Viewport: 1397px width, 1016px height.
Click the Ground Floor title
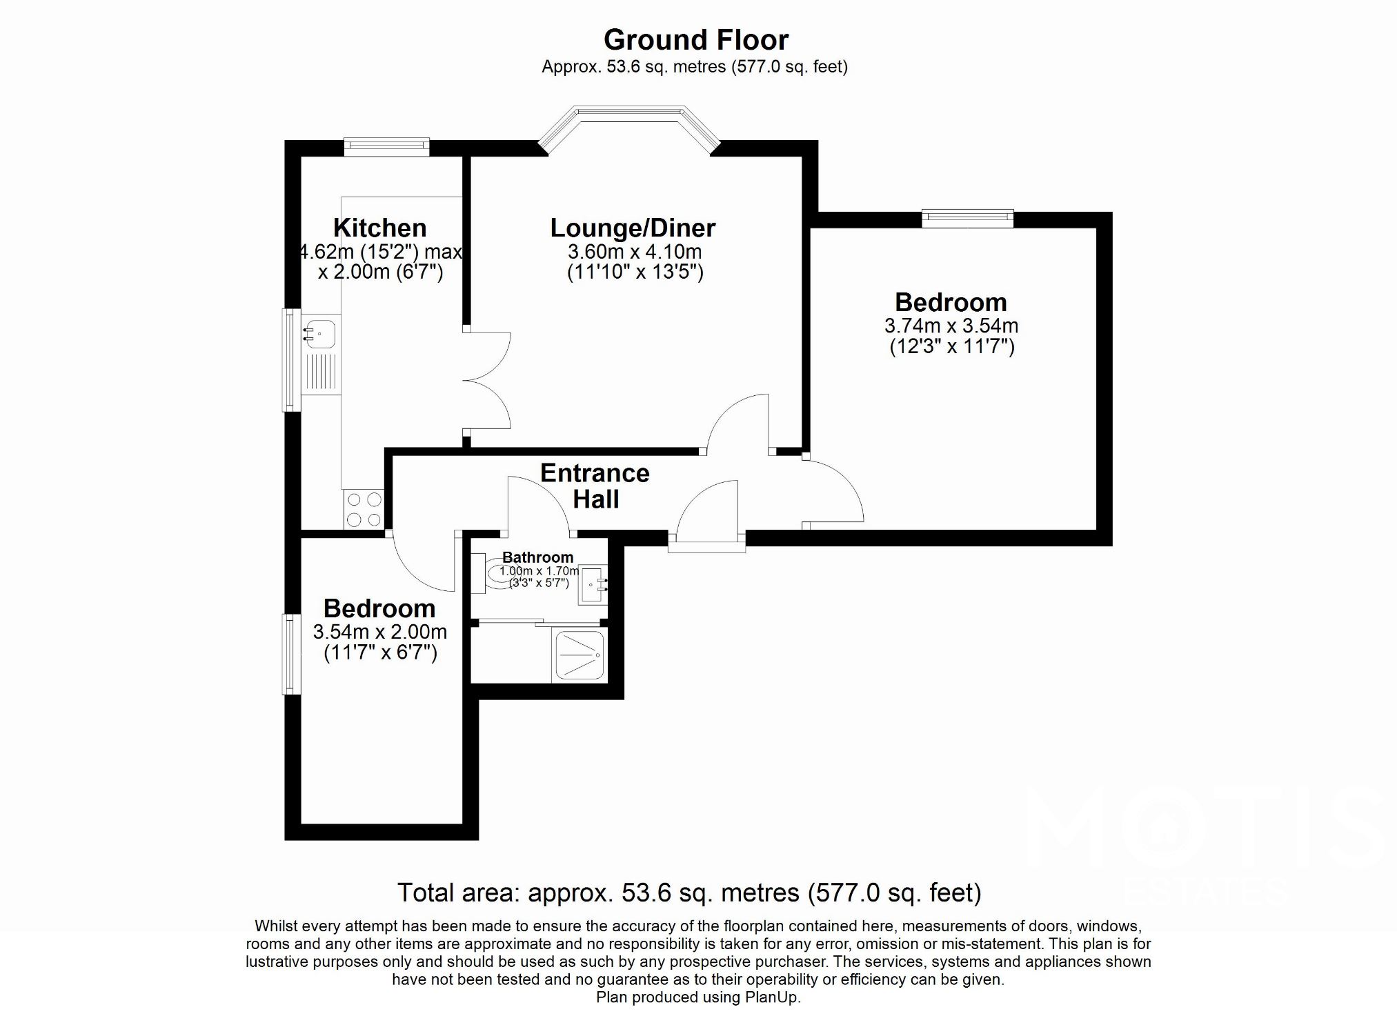click(695, 40)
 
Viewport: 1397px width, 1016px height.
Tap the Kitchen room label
click(379, 228)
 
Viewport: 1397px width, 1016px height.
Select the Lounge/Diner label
click(633, 228)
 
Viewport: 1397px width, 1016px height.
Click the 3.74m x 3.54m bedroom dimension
click(951, 326)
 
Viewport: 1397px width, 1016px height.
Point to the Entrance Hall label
click(595, 486)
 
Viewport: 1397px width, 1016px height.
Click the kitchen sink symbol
click(319, 334)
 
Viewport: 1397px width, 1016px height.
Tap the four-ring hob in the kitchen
click(364, 509)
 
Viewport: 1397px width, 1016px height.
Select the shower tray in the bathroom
click(580, 655)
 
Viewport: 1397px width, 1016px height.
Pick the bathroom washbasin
click(592, 586)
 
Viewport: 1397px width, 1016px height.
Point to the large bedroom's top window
click(968, 218)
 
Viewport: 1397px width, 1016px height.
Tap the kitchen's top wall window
click(386, 146)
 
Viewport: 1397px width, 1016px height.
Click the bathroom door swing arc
click(542, 504)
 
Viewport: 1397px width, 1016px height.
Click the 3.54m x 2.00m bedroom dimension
click(379, 631)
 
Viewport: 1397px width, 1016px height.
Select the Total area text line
click(688, 893)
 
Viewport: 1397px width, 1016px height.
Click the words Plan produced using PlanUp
click(698, 997)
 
